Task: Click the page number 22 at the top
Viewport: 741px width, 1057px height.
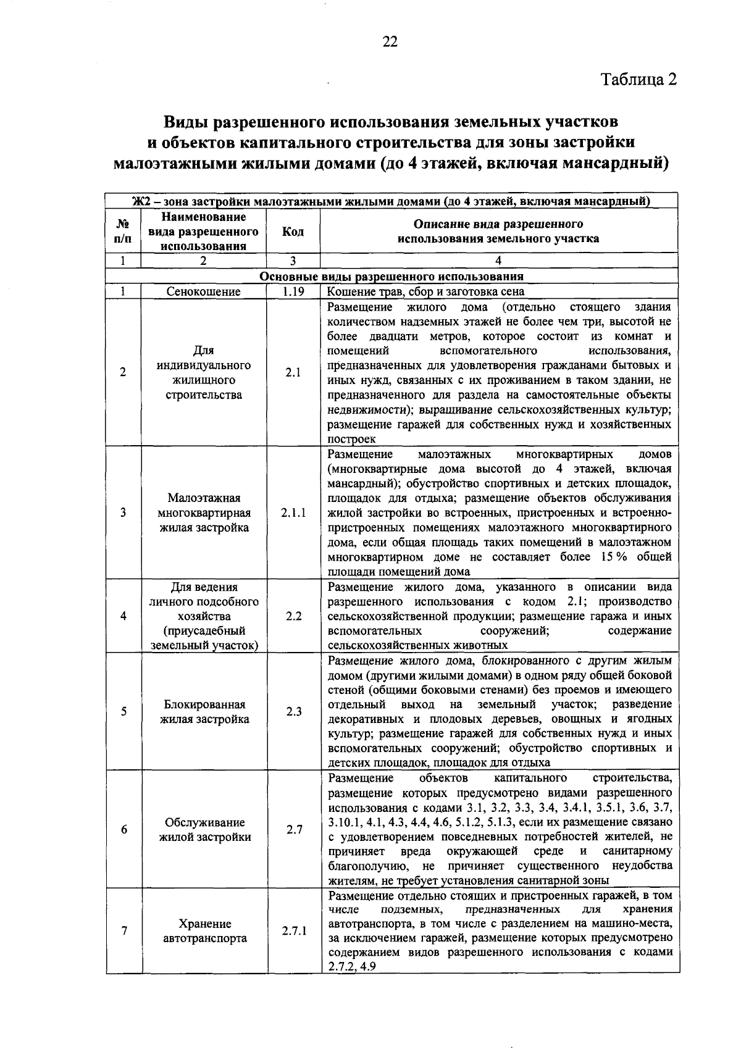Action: pos(389,41)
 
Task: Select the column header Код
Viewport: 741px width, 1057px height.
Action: pos(293,232)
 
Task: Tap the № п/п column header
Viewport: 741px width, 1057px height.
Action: pos(124,232)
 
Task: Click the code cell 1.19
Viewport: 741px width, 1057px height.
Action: pos(293,291)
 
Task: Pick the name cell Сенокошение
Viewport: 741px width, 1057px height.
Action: pos(203,291)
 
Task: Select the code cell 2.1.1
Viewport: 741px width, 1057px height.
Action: pos(293,512)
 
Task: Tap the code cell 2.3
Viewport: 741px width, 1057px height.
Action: pos(293,711)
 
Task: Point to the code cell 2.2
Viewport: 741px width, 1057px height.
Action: pos(293,616)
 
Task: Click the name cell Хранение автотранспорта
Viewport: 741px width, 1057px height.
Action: pos(204,931)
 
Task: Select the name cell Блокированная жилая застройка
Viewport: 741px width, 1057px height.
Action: pos(204,711)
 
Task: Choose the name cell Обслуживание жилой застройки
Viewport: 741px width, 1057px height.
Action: pos(204,830)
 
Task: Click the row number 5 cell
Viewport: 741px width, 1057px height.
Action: pos(124,711)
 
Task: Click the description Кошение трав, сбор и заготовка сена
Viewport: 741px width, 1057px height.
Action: pos(425,291)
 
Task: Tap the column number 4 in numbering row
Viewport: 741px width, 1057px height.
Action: pos(498,261)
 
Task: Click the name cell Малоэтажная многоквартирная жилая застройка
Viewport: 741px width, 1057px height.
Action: pos(204,512)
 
